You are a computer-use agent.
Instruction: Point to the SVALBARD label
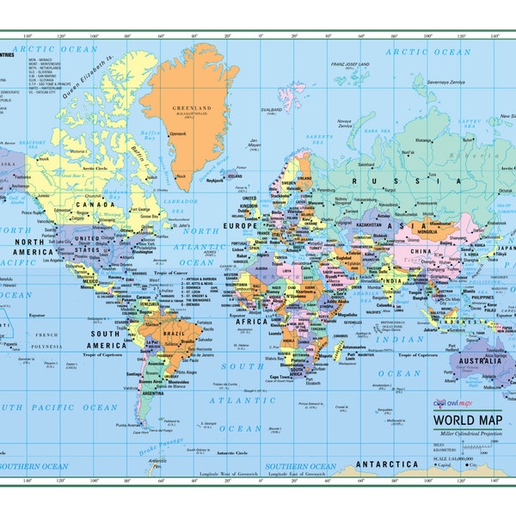(x=272, y=110)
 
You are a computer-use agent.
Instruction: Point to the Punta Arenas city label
(x=126, y=424)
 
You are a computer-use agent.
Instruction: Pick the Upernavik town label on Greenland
(x=176, y=134)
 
